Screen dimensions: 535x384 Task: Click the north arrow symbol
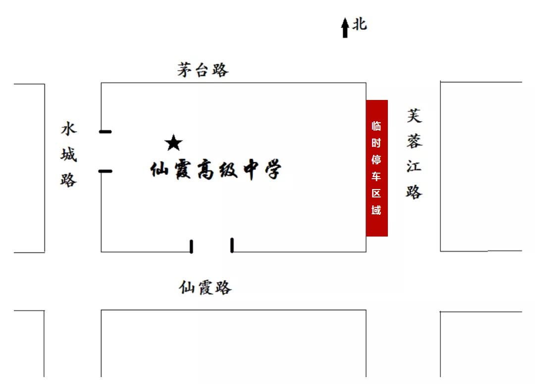tap(345, 28)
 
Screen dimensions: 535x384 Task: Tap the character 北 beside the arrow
tap(360, 24)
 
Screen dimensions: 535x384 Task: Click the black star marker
tap(174, 143)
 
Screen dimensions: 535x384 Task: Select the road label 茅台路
tap(203, 70)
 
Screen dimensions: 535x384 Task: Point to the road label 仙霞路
tap(205, 288)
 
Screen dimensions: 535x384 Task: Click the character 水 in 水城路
tap(69, 129)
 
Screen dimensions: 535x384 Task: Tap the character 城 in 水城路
tap(69, 154)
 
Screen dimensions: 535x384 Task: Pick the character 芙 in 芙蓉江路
tap(414, 116)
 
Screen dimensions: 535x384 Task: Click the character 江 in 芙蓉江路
tap(414, 167)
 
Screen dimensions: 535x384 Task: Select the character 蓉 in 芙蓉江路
tap(414, 141)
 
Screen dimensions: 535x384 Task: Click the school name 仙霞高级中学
tap(216, 169)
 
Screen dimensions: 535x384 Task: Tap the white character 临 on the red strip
tap(376, 126)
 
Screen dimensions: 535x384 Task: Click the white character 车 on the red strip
tap(376, 176)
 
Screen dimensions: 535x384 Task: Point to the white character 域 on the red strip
tap(376, 210)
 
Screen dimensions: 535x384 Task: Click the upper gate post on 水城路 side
tap(106, 132)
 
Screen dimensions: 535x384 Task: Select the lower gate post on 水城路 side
tap(106, 171)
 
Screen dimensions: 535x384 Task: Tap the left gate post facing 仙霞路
tap(191, 246)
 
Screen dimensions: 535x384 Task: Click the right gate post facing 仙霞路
tap(232, 245)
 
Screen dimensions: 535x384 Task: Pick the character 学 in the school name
tap(273, 169)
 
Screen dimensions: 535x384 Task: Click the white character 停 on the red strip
tap(376, 159)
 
